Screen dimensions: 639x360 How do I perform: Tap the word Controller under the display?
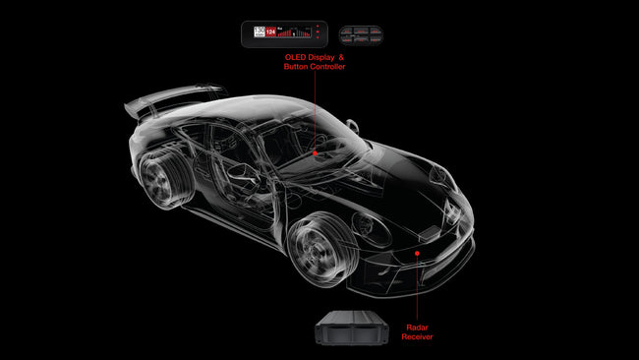(326, 67)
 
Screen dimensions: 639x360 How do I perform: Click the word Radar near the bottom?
(418, 328)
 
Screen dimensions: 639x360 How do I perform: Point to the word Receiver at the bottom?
(418, 336)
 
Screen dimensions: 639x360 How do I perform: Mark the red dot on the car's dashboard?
(315, 153)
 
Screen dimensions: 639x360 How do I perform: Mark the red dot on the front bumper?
(418, 253)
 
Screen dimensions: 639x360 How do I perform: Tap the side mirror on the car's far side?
(351, 125)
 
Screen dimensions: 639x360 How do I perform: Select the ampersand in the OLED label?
(341, 58)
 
